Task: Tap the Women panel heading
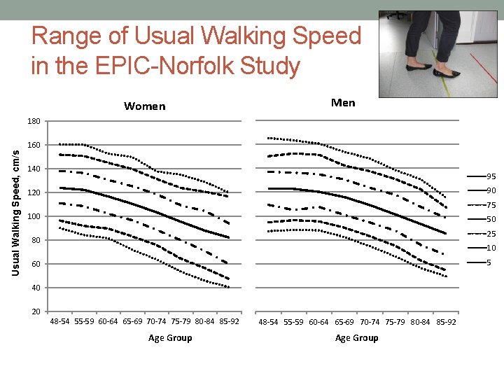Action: (144, 106)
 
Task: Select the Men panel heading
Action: (342, 103)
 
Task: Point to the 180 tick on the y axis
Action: (34, 121)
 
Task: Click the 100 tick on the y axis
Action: (34, 216)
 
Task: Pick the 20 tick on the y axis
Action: (36, 311)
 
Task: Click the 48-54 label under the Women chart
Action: (60, 322)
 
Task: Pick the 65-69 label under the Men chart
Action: (344, 323)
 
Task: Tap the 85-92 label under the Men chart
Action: (445, 323)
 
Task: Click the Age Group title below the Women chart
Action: (170, 338)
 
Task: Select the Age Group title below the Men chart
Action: (356, 338)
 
